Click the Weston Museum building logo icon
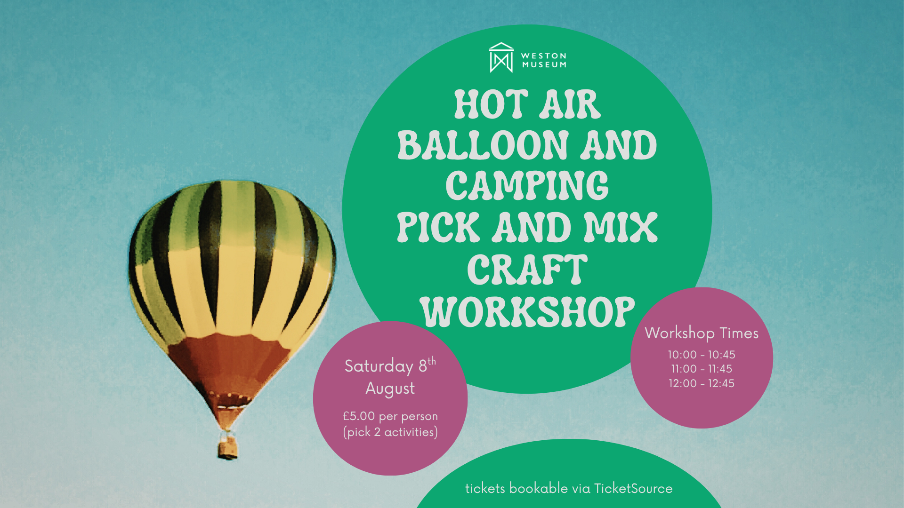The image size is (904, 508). point(501,57)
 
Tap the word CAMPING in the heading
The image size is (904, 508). point(527,186)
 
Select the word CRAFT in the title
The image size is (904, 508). point(527,269)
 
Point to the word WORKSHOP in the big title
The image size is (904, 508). point(527,311)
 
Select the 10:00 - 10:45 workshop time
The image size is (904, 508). point(702,355)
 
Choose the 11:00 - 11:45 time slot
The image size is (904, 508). point(702,369)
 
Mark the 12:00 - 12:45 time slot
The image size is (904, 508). point(702,383)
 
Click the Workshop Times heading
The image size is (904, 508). point(702,333)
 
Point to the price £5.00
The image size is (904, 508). point(359,416)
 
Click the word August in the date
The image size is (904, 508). point(390,389)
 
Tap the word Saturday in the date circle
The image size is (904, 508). point(379,366)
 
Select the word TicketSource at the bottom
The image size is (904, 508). point(633,488)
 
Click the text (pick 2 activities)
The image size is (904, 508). point(390,432)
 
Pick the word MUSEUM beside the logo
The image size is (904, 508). point(544,65)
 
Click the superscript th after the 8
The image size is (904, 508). point(432,361)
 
